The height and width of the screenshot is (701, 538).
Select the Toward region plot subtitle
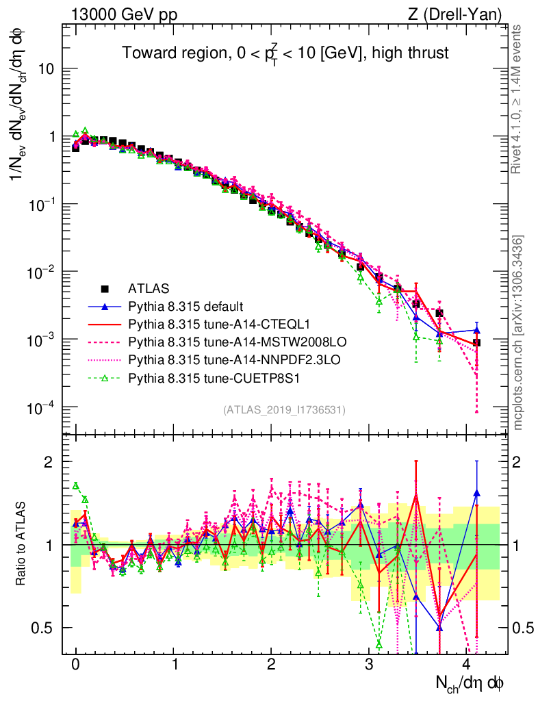click(x=285, y=53)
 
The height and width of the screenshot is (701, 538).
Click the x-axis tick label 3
click(x=370, y=665)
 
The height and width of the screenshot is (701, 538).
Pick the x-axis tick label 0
click(x=76, y=665)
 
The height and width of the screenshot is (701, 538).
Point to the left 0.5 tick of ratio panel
click(x=45, y=628)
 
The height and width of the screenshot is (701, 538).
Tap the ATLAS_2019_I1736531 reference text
click(x=284, y=410)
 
